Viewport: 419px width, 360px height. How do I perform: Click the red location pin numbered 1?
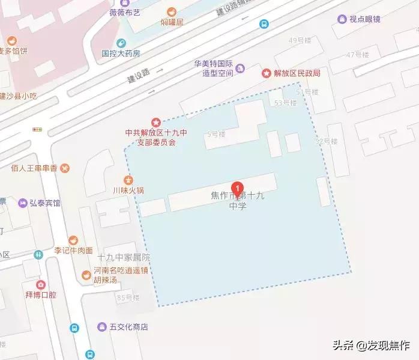237,189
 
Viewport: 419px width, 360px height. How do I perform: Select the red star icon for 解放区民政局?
266,73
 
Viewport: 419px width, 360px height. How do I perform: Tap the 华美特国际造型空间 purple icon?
240,68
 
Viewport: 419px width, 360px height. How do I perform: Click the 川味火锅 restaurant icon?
128,180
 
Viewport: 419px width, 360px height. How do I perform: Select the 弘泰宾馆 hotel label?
44,203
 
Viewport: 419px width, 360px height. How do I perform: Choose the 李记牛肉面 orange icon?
73,240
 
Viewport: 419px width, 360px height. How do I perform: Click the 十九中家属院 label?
123,258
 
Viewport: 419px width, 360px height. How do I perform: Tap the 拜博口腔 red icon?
40,285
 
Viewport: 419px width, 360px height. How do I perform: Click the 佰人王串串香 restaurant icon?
65,168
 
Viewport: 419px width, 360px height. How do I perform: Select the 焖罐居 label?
172,22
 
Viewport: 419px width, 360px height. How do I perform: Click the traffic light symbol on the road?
38,130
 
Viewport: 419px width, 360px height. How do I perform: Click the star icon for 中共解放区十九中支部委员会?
156,122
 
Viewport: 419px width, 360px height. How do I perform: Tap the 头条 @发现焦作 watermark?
370,346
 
